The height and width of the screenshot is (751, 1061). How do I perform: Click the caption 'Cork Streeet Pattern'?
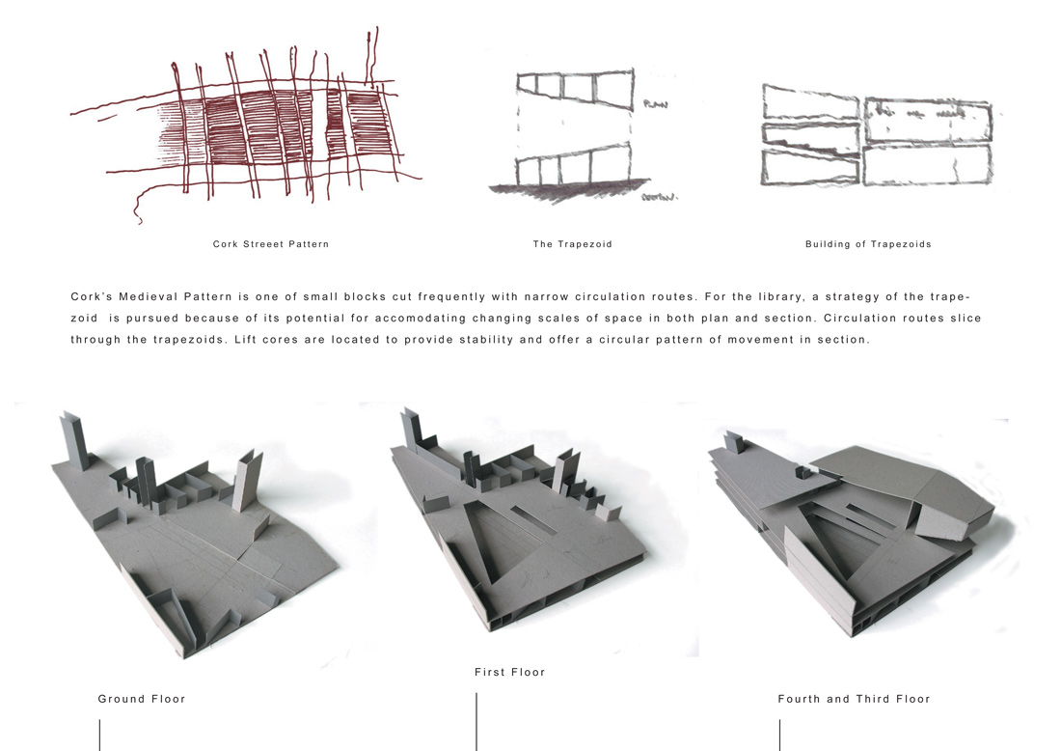coord(271,244)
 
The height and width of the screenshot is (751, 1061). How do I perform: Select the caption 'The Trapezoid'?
coord(572,244)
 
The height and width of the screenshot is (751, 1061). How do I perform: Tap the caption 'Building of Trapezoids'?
coord(868,244)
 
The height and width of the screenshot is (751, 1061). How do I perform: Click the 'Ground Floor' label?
coord(142,699)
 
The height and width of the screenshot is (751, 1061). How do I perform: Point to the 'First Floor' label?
coord(509,672)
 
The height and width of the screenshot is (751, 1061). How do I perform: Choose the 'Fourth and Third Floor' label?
coord(854,699)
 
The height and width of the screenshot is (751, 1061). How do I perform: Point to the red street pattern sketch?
coord(247,125)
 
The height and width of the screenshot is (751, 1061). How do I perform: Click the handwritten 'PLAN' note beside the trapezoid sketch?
coord(655,104)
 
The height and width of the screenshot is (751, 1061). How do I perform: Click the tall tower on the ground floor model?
coord(74,441)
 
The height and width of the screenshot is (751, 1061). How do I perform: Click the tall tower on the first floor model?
coord(413,428)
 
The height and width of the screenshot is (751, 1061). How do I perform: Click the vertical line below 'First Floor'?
coord(476,721)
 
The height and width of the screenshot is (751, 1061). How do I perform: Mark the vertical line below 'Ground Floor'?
coord(100,735)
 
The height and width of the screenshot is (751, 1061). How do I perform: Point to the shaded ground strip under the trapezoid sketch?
coord(568,188)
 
